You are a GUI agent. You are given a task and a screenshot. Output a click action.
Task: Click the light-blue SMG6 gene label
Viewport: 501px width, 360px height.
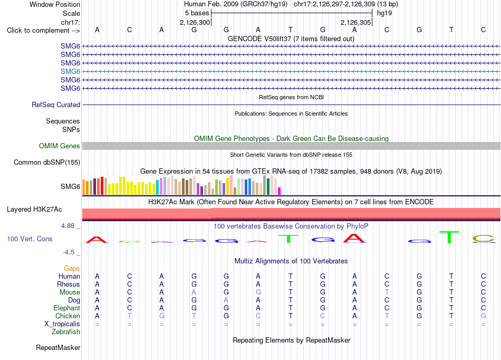coord(70,71)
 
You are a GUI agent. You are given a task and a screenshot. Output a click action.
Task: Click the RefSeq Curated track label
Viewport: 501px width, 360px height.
coord(56,105)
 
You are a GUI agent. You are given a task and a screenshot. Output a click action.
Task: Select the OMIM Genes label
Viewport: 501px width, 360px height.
coord(60,146)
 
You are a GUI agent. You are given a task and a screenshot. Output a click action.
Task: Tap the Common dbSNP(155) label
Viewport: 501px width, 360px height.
coord(47,162)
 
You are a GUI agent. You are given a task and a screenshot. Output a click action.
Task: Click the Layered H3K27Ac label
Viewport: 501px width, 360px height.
coord(34,209)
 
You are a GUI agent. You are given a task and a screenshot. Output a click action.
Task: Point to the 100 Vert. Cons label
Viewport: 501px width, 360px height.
coord(30,239)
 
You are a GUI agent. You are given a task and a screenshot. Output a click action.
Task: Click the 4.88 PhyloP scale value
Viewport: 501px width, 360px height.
coord(68,226)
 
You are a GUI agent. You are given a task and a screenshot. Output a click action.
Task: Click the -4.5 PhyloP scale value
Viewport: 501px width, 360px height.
coord(69,252)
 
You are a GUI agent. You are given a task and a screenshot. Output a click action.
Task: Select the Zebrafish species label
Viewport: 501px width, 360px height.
coord(66,331)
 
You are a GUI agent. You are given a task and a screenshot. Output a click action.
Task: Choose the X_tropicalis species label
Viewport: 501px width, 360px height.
coord(62,324)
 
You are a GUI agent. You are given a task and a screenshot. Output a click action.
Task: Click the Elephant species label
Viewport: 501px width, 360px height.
coord(66,308)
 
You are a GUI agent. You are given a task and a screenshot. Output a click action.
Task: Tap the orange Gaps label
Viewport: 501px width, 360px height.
coord(72,268)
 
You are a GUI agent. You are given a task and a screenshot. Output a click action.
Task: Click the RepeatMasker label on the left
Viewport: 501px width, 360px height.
coord(58,347)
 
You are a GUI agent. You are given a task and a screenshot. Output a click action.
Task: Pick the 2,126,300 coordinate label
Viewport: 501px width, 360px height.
coord(195,22)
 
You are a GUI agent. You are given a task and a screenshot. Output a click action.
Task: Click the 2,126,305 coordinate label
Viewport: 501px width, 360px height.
coord(355,22)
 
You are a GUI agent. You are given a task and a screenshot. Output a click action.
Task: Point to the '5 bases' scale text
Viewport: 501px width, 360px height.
coord(197,13)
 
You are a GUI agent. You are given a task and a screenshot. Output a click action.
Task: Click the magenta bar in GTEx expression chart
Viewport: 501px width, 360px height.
coord(280,191)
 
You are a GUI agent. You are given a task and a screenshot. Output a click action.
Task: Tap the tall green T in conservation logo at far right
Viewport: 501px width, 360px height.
coord(449,237)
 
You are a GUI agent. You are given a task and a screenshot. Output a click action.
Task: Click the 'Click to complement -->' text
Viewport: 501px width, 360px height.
coord(43,31)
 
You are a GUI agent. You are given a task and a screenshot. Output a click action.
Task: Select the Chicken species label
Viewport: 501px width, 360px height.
coord(68,316)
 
